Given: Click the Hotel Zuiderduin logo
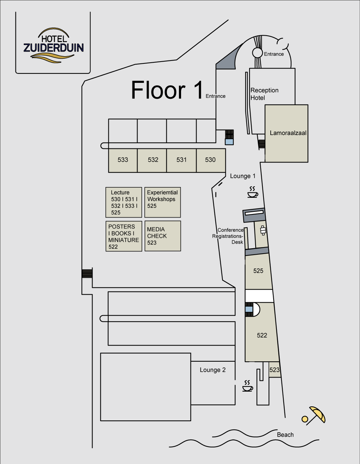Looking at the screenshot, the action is pyautogui.click(x=53, y=45).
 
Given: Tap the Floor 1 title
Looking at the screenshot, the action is pyautogui.click(x=167, y=90).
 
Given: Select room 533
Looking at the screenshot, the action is pyautogui.click(x=123, y=161).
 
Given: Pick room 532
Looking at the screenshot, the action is pyautogui.click(x=152, y=161).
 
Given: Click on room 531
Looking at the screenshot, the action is pyautogui.click(x=181, y=161).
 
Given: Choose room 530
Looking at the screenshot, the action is pyautogui.click(x=211, y=161).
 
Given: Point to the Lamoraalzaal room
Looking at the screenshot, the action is pyautogui.click(x=286, y=133).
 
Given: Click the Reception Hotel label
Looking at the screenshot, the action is pyautogui.click(x=264, y=94).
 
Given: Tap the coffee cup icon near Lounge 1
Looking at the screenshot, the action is pyautogui.click(x=253, y=192).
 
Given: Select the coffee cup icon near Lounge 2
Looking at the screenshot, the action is pyautogui.click(x=248, y=386).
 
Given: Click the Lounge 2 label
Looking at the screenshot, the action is pyautogui.click(x=212, y=370).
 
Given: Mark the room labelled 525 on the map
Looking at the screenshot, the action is pyautogui.click(x=258, y=271).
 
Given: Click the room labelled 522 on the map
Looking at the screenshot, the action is pyautogui.click(x=262, y=335).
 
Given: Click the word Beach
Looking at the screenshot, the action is pyautogui.click(x=285, y=435).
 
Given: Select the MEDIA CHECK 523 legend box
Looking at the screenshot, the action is pyautogui.click(x=163, y=236).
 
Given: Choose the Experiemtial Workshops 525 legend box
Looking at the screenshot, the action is pyautogui.click(x=163, y=202).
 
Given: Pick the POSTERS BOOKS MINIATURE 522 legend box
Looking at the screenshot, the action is pyautogui.click(x=124, y=236).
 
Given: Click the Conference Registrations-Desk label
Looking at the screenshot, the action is pyautogui.click(x=228, y=236).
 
